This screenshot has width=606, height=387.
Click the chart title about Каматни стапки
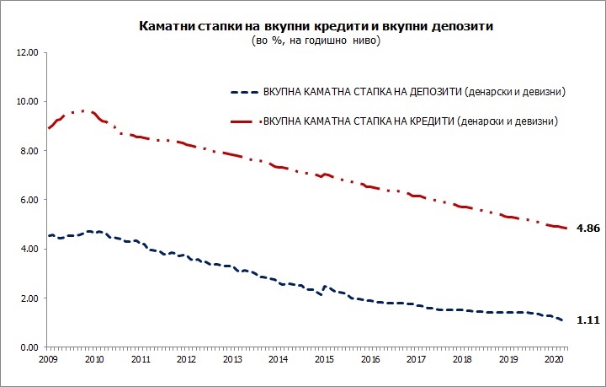pyautogui.click(x=316, y=27)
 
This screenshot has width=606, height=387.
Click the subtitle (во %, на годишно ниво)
pyautogui.click(x=316, y=40)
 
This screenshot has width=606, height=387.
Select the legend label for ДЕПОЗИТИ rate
pyautogui.click(x=413, y=91)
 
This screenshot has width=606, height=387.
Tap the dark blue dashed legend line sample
pyautogui.click(x=244, y=91)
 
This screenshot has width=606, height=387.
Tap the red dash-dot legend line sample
pyautogui.click(x=244, y=122)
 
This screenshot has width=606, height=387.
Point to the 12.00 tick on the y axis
pyautogui.click(x=28, y=52)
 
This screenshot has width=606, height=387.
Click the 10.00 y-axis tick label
pyautogui.click(x=28, y=101)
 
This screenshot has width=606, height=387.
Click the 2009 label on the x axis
pyautogui.click(x=49, y=358)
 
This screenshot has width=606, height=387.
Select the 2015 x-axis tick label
pyautogui.click(x=324, y=358)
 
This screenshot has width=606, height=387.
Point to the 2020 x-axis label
pyautogui.click(x=553, y=358)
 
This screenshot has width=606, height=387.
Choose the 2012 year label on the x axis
pyautogui.click(x=186, y=358)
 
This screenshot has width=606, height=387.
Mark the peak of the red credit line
pyautogui.click(x=82, y=110)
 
